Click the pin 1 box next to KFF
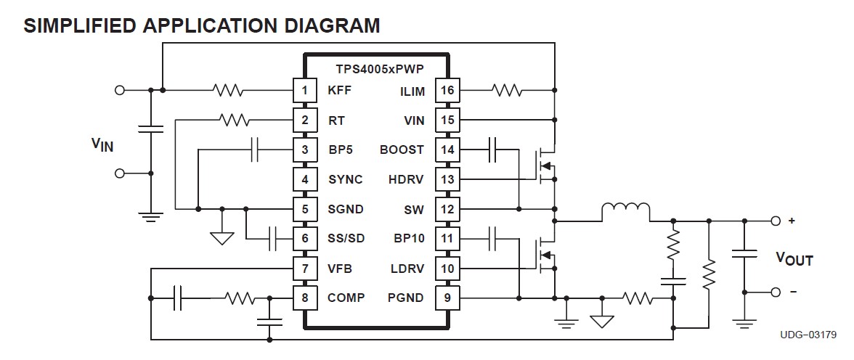coord(305,91)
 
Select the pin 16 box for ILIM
coord(447,91)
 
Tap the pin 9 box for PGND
coord(447,298)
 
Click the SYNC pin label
coord(345,179)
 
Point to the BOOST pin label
coord(402,150)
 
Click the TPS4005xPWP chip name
coord(380,69)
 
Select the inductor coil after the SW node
coord(625,211)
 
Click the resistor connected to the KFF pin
coord(227,91)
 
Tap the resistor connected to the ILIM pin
coord(506,91)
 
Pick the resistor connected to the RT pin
coord(234,120)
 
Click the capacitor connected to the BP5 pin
coord(255,150)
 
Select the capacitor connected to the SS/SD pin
coord(273,238)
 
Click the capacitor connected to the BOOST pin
coord(492,150)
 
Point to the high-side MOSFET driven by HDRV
coord(545,165)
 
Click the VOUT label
coord(794,259)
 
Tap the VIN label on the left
coord(102,145)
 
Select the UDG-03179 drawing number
coord(808,335)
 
